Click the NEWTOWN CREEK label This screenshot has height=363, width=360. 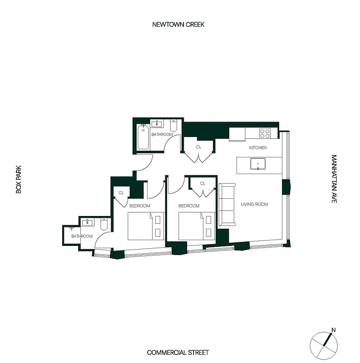pos(178,25)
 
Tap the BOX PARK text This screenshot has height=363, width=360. pos(19,181)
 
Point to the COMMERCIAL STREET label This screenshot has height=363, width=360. pos(178,352)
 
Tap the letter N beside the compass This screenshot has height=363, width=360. pos(333,330)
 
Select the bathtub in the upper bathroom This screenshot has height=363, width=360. pos(143,137)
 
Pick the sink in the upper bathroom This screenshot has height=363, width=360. pos(158,123)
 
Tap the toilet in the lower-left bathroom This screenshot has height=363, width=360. pos(103,224)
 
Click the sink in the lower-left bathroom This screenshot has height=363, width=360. pos(87,223)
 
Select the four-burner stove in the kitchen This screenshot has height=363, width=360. pos(265,133)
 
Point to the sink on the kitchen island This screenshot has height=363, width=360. pos(258,163)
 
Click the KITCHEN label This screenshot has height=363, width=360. pos(258,148)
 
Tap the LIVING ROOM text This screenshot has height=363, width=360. pos(254,205)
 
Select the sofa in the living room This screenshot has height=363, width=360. pos(227,205)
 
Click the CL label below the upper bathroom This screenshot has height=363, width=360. pos(198,147)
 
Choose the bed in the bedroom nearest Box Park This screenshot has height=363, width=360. pos(145,226)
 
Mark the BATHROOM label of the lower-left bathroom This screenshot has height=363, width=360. pos(82,236)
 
